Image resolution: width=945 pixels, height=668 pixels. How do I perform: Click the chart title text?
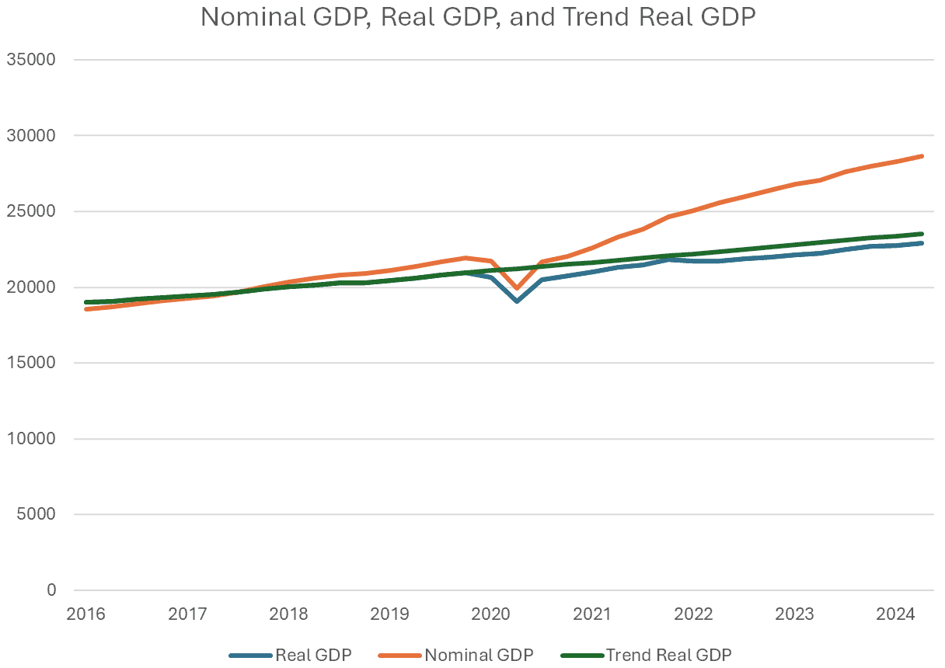[x=478, y=17]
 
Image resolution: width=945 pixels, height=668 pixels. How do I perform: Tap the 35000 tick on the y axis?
[x=30, y=60]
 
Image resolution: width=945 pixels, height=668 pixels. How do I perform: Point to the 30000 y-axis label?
[x=30, y=136]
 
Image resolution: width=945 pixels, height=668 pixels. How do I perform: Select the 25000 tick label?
[x=30, y=211]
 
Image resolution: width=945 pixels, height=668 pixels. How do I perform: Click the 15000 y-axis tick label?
[x=30, y=363]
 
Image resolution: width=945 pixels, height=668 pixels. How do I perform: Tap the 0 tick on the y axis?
[x=51, y=590]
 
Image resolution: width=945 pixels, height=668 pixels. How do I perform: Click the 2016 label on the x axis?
[x=85, y=614]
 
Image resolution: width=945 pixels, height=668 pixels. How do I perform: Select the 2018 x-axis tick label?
[x=288, y=614]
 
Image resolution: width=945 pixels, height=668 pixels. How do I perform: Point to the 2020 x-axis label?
[x=491, y=614]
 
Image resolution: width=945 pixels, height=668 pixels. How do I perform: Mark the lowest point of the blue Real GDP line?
[x=517, y=301]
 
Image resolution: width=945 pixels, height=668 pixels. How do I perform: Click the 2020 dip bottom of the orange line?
[x=517, y=288]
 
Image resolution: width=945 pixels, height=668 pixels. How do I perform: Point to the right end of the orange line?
[x=922, y=156]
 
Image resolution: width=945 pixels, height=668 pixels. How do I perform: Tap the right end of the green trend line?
[x=922, y=234]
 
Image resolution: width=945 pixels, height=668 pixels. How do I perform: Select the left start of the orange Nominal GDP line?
[x=86, y=309]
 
